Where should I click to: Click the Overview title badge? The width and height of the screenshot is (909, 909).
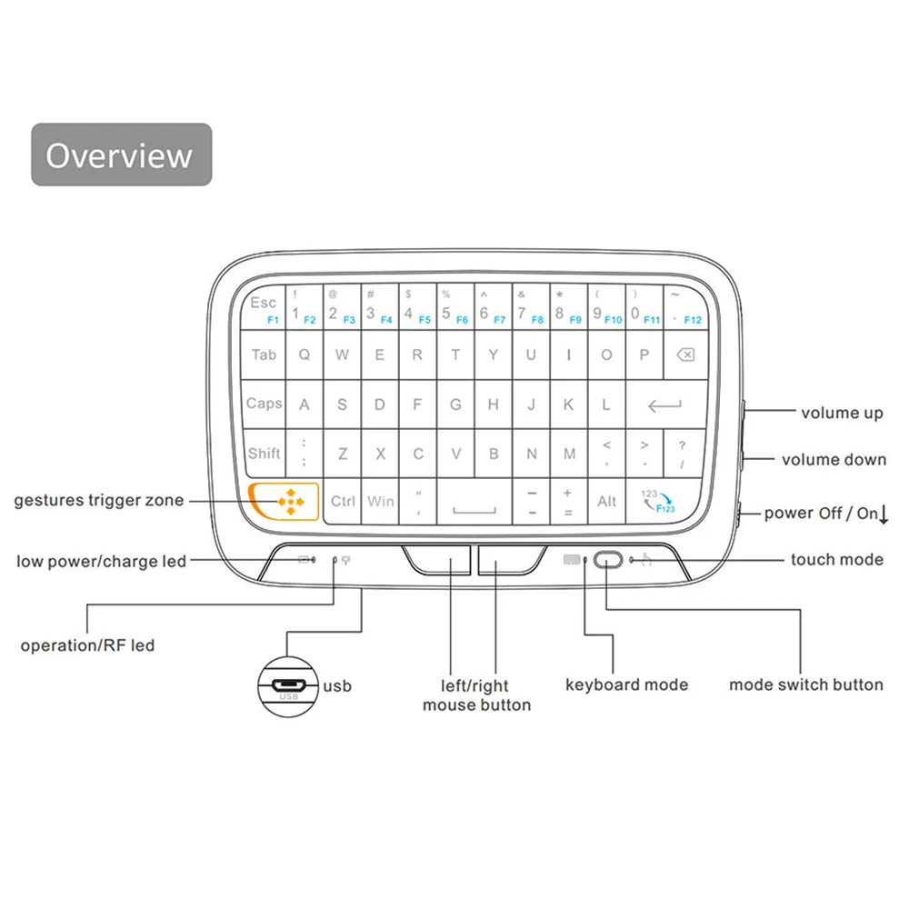tap(121, 155)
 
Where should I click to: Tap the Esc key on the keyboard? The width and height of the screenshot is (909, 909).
tap(264, 307)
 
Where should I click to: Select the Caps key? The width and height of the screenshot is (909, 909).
tap(264, 404)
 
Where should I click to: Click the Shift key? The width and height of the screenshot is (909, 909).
tap(264, 453)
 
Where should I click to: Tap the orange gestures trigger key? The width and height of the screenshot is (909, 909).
tap(283, 501)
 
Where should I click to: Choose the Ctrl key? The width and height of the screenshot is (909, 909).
tap(343, 501)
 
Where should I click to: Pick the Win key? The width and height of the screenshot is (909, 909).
tap(381, 501)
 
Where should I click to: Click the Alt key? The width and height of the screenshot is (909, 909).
tap(606, 501)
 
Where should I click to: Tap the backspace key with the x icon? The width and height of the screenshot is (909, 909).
tap(684, 355)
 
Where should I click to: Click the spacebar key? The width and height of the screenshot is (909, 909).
tap(474, 501)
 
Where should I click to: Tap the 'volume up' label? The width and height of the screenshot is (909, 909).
tap(841, 413)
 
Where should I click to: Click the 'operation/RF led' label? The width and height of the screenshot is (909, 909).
tap(87, 645)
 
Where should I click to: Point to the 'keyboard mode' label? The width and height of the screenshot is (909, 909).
tap(626, 684)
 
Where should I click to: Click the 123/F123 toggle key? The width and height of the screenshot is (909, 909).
tap(657, 501)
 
